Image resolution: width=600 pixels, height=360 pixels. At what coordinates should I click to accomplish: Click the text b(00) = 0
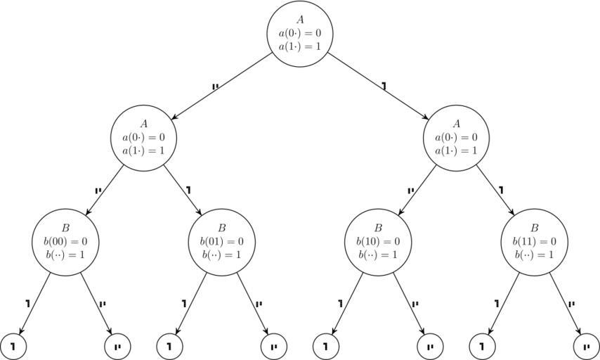click(65, 242)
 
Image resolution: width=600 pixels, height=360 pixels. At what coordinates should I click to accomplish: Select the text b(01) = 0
click(221, 242)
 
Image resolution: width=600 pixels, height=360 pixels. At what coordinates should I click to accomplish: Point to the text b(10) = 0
click(377, 242)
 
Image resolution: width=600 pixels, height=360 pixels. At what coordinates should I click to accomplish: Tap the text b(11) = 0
click(533, 242)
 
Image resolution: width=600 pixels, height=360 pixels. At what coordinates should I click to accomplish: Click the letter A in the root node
click(300, 20)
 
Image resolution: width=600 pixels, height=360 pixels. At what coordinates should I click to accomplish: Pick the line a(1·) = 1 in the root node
click(300, 46)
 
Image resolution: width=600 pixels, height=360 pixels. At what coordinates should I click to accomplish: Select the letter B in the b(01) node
click(221, 229)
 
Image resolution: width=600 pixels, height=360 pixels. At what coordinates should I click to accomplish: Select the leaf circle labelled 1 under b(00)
click(13, 346)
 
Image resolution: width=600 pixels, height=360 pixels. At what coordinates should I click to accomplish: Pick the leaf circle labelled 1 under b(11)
click(482, 346)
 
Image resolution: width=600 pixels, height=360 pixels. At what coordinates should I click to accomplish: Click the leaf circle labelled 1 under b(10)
click(325, 346)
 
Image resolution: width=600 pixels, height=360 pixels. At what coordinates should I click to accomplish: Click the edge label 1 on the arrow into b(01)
click(188, 190)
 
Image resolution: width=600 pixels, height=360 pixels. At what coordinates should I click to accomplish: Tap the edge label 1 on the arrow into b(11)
click(501, 190)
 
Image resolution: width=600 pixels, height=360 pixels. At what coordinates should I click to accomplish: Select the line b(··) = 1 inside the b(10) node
click(377, 255)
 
